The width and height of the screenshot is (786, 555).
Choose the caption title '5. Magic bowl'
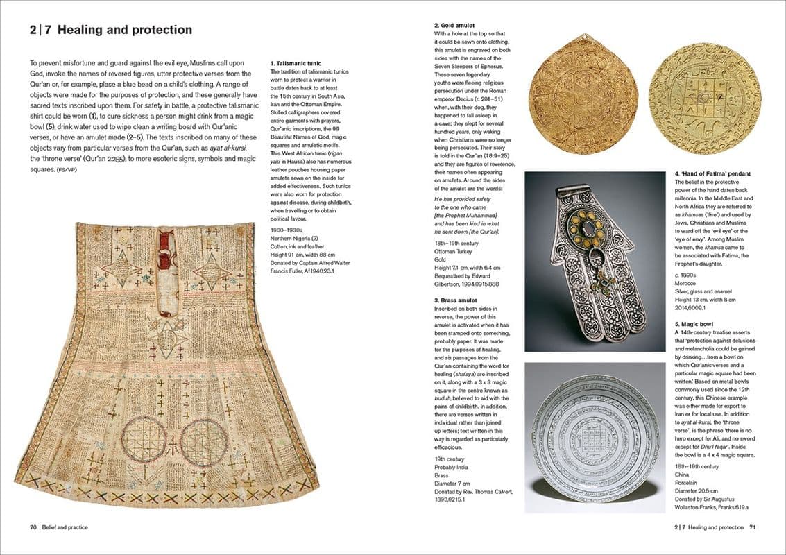coord(695,323)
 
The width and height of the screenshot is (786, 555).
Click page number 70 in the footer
coord(33,527)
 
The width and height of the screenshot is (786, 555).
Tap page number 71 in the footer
coord(751,527)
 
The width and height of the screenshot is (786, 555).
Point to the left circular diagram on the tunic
coord(145,441)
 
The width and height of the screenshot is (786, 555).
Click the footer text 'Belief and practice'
coord(65,527)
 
